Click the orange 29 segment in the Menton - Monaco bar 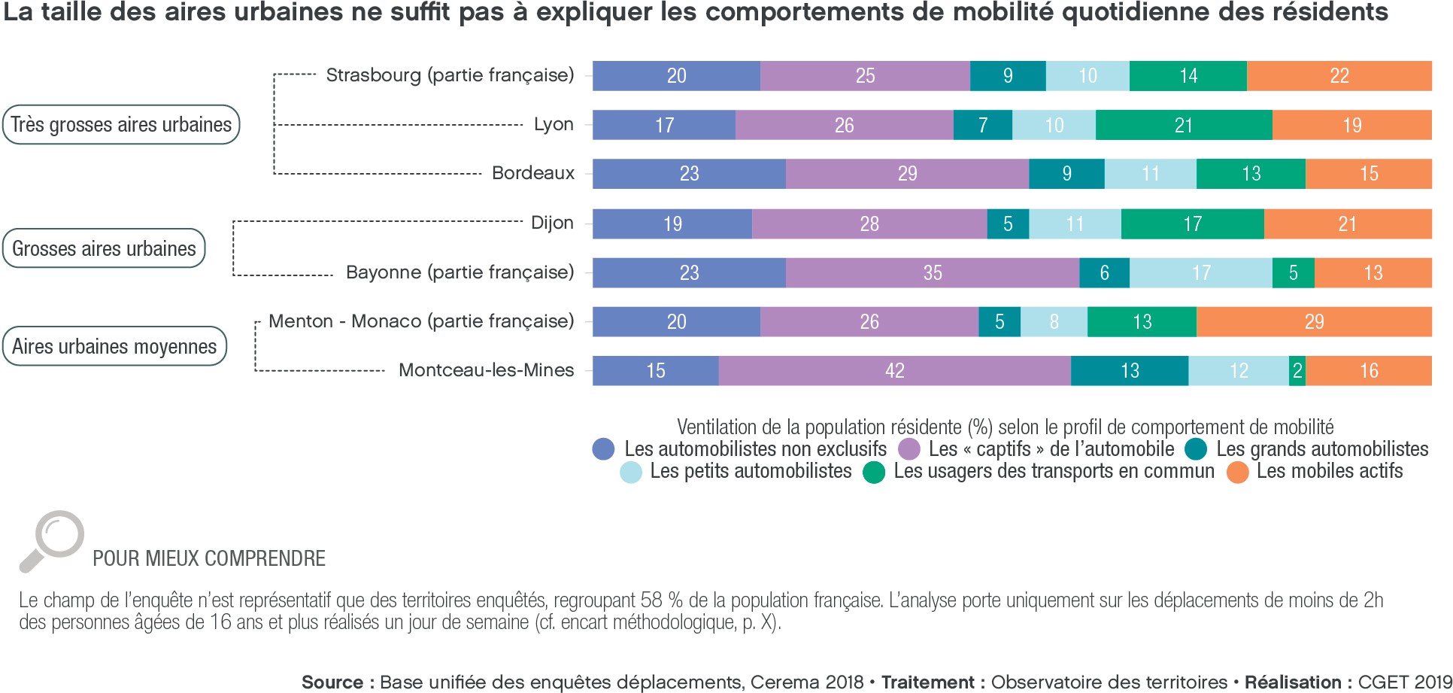[x=1314, y=322]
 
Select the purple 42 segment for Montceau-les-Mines [x=894, y=371]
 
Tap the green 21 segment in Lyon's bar [x=1184, y=125]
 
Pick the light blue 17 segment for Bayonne [x=1201, y=273]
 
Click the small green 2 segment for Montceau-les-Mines [x=1297, y=371]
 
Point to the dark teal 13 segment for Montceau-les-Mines [x=1130, y=371]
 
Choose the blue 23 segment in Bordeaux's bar [x=689, y=174]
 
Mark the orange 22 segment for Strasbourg [x=1339, y=76]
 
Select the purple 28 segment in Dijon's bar [x=869, y=224]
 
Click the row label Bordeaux [x=532, y=173]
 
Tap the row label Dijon [x=552, y=223]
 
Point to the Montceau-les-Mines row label [x=486, y=370]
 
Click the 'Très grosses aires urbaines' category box [x=121, y=125]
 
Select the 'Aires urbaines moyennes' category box [x=114, y=346]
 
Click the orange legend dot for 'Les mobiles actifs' [x=1238, y=472]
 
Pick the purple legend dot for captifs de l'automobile [x=910, y=449]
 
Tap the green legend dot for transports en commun [x=874, y=472]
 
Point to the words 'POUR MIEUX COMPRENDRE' [x=209, y=558]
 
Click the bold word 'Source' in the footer [x=332, y=682]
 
